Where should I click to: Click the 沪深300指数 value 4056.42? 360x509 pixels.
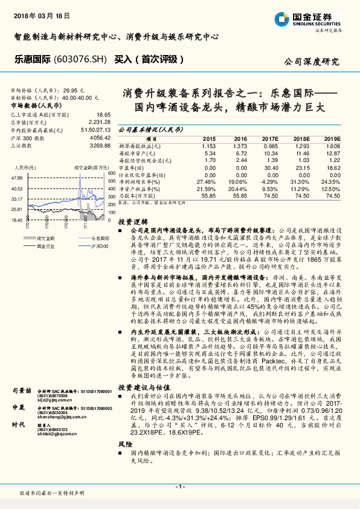[x=100, y=138]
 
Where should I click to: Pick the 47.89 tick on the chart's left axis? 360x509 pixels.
[x=17, y=178]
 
